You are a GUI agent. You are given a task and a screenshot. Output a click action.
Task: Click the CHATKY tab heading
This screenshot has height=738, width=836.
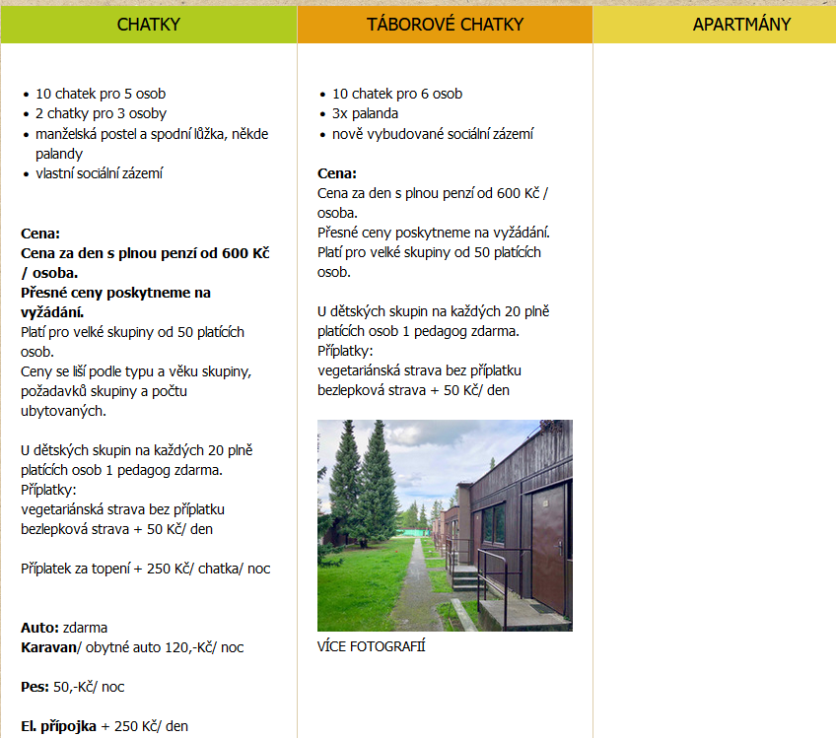tap(148, 25)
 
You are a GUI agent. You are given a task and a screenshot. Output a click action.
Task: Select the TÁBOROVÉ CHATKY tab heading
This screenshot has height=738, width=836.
tap(445, 25)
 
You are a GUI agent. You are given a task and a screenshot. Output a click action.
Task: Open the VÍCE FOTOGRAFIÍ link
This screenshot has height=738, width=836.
tap(371, 647)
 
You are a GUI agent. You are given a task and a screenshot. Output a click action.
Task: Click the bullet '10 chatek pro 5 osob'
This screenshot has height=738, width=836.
tap(101, 95)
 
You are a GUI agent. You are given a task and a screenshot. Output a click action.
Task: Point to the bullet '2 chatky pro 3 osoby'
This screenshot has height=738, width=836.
tap(101, 114)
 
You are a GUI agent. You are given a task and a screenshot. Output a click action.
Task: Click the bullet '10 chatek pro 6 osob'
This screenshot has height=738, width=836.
tap(396, 95)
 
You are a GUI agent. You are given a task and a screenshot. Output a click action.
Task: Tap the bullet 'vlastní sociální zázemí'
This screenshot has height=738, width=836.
tap(99, 173)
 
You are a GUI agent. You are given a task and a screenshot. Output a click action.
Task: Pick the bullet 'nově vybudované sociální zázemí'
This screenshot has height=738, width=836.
tap(433, 134)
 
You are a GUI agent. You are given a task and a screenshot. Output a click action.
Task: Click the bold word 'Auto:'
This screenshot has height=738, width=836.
tap(39, 628)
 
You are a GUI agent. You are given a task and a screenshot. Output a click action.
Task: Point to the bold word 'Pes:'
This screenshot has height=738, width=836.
tap(35, 687)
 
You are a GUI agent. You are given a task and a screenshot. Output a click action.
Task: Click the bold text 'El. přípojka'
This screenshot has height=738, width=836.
tap(58, 726)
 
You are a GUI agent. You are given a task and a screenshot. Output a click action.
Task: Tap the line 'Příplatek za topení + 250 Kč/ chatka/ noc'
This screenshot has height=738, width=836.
tap(145, 569)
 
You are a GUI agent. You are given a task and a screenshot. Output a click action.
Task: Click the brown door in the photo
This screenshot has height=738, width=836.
tap(548, 547)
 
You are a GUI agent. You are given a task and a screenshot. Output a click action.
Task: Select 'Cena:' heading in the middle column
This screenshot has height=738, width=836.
tap(336, 173)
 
